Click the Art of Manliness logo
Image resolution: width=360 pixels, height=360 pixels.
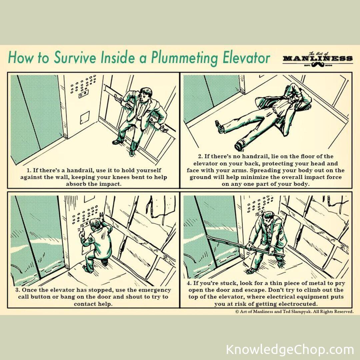tap(317, 59)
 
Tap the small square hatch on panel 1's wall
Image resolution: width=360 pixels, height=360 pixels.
tap(85, 118)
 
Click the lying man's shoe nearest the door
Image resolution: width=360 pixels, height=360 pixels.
tap(220, 127)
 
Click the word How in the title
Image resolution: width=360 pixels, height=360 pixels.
tap(18, 58)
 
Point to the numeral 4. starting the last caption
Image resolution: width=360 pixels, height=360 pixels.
tap(189, 283)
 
